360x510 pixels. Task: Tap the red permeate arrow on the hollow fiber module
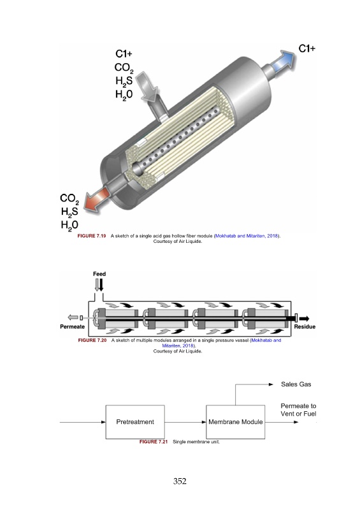(96, 199)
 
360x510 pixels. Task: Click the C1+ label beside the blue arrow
(306, 49)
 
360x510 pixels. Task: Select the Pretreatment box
(135, 422)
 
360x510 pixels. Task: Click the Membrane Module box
(236, 422)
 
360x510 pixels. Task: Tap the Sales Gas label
(296, 384)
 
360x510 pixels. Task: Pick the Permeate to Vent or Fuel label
(298, 410)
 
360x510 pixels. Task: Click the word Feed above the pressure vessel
(99, 274)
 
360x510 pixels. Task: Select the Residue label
(305, 326)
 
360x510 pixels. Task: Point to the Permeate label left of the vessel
(72, 326)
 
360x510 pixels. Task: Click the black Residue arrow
(304, 318)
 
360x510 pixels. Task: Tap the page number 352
(180, 481)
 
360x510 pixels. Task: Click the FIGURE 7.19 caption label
(92, 236)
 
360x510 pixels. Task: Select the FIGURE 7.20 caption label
(92, 340)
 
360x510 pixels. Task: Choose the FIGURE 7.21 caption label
(154, 442)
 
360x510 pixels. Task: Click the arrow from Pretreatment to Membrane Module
(185, 422)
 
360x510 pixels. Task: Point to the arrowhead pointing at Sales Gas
(271, 384)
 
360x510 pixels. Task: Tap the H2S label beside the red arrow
(69, 212)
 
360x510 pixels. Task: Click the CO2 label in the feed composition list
(124, 68)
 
